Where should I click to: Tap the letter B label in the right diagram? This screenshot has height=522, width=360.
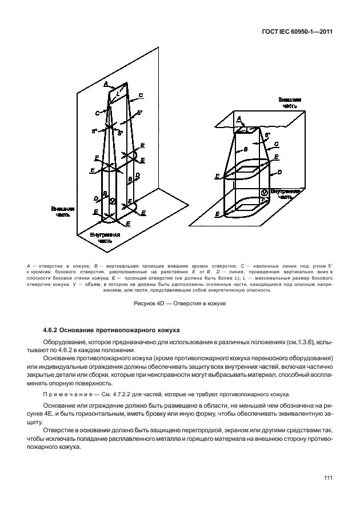click(245, 149)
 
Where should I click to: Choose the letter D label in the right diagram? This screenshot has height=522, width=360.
click(279, 172)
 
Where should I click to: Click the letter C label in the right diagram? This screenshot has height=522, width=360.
click(277, 145)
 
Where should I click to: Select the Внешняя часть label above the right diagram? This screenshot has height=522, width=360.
click(290, 102)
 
